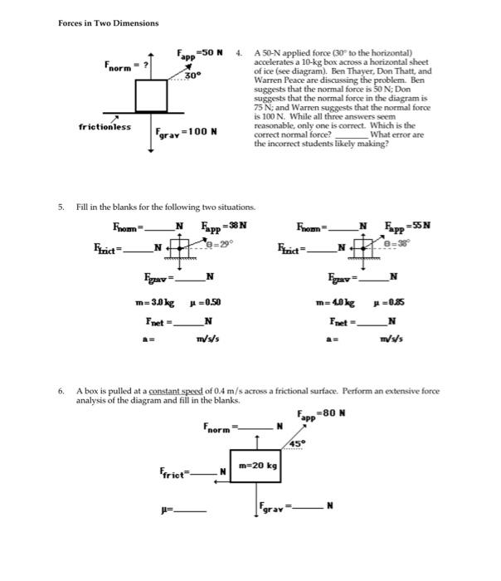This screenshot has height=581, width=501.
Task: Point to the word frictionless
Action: (105, 127)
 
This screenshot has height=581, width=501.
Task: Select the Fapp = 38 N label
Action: (224, 225)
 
